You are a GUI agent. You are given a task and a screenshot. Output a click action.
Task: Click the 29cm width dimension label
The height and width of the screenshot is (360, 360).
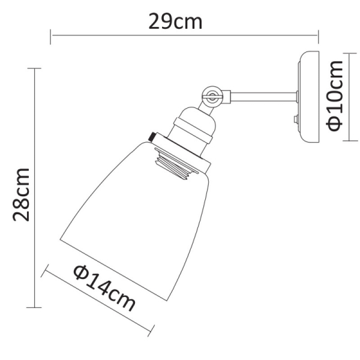[175, 22]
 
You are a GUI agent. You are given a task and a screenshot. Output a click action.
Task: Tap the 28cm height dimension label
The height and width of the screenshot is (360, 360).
[23, 193]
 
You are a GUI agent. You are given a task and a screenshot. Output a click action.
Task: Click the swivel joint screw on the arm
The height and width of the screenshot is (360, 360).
[211, 94]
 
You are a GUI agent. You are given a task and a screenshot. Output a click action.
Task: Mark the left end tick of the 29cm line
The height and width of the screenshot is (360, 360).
[51, 36]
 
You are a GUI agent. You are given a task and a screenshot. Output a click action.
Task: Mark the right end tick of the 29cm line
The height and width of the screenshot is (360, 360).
[319, 36]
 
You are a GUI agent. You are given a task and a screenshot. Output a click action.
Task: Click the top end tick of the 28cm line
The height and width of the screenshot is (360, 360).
[37, 69]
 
